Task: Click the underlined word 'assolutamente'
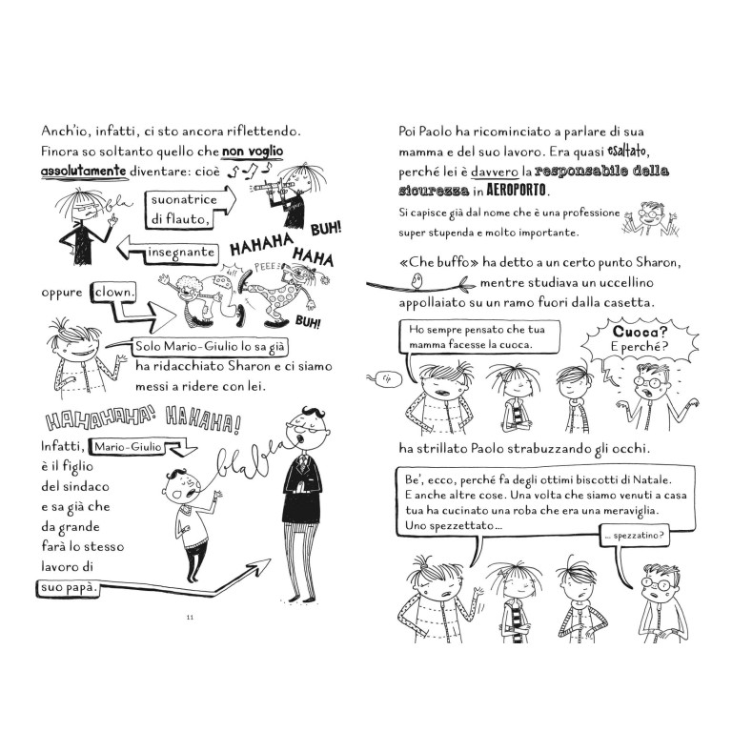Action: pyautogui.click(x=84, y=172)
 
